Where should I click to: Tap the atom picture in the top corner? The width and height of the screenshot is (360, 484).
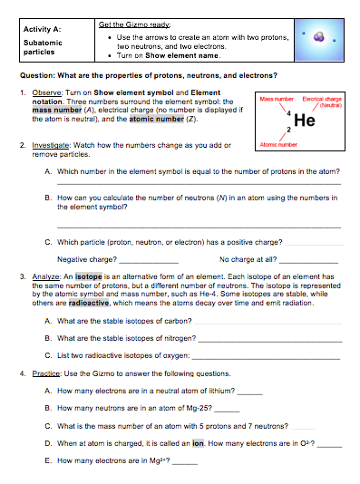click(322, 38)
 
